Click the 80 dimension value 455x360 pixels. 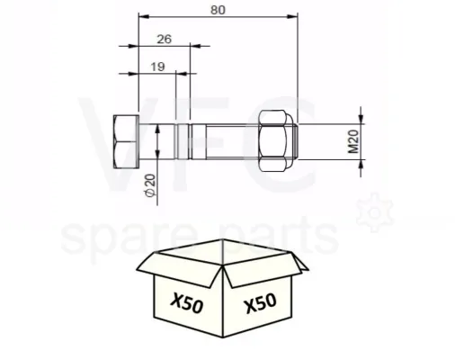click(x=218, y=10)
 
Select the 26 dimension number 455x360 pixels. click(x=165, y=39)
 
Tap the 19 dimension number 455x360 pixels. click(x=157, y=67)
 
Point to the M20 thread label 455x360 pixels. click(x=353, y=141)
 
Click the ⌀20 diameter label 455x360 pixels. click(x=150, y=185)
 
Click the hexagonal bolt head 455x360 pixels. click(x=126, y=141)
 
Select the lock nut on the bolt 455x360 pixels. click(x=275, y=141)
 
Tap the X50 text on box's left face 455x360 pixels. click(x=187, y=302)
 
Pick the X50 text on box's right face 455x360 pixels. click(x=261, y=303)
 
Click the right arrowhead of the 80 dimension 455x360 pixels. click(x=293, y=16)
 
